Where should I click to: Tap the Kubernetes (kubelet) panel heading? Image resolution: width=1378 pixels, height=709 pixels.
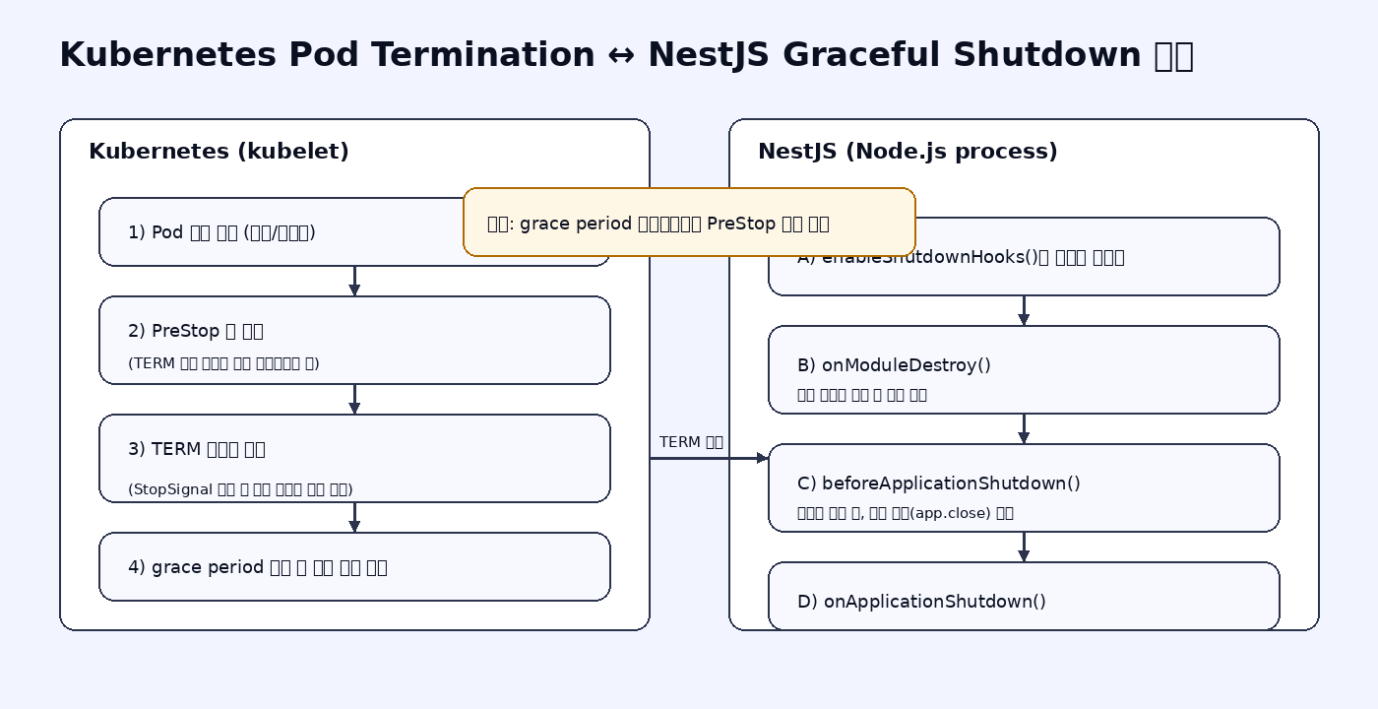point(219,152)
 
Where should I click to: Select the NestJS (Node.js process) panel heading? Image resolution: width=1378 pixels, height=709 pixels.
point(908,152)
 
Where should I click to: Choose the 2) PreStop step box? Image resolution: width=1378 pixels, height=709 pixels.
point(354,340)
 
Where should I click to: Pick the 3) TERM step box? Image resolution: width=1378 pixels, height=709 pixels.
point(354,458)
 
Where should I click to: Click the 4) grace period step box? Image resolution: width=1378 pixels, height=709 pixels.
point(354,566)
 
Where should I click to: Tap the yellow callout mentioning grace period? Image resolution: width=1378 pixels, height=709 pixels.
point(689,223)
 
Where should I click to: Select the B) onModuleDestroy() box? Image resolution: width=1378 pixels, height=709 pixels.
point(1024,369)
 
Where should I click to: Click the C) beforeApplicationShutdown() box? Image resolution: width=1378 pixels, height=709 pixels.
point(1024,487)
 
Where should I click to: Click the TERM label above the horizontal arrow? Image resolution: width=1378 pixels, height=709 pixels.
point(691,442)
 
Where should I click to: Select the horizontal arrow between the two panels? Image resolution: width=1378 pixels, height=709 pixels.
point(709,458)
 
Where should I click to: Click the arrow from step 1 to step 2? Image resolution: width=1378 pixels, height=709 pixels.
point(354,281)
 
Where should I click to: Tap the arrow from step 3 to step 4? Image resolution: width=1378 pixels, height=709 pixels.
point(354,517)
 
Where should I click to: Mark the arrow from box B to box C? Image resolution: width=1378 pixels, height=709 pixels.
point(1024,428)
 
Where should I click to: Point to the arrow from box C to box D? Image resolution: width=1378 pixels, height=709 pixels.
point(1024,547)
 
